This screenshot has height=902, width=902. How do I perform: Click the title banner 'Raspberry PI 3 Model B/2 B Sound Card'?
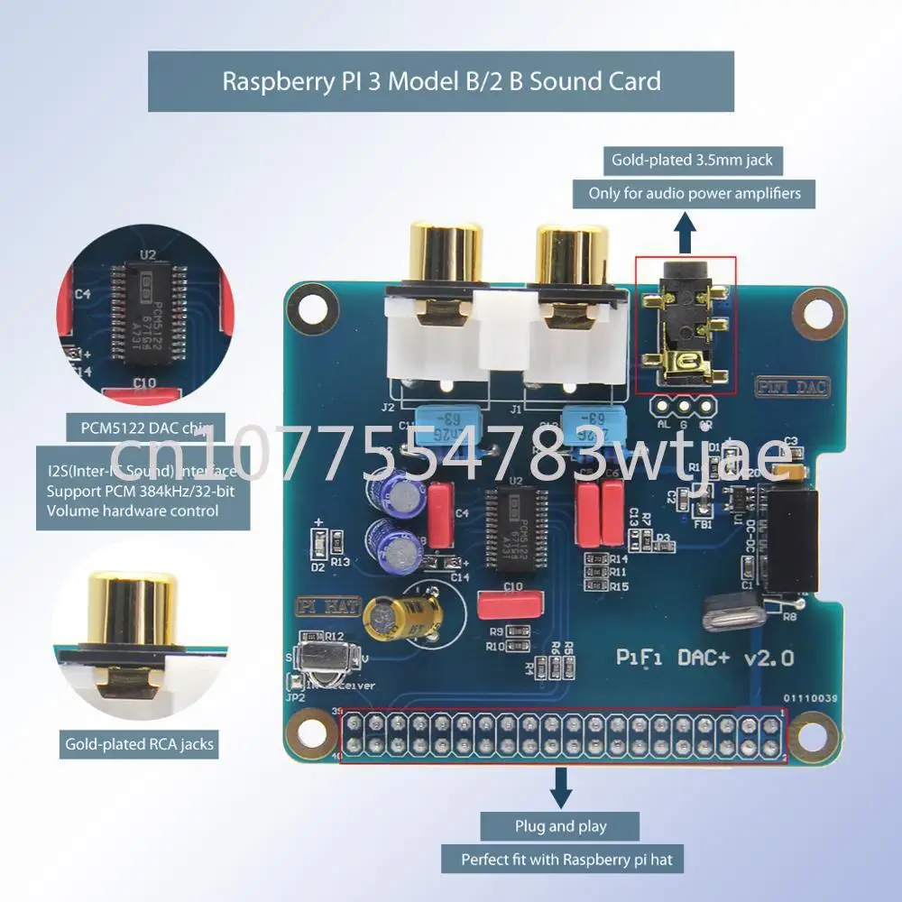[x=441, y=81]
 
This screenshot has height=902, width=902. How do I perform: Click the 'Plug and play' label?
[x=560, y=826]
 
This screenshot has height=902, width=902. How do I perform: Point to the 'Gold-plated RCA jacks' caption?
[x=139, y=745]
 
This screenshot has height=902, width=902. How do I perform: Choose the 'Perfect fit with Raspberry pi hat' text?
[x=566, y=860]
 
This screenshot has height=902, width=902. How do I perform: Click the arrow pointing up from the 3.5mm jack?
[x=686, y=234]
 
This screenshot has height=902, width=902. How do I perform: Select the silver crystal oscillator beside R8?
[x=732, y=613]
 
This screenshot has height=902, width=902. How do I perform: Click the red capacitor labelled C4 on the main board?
[x=441, y=514]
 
